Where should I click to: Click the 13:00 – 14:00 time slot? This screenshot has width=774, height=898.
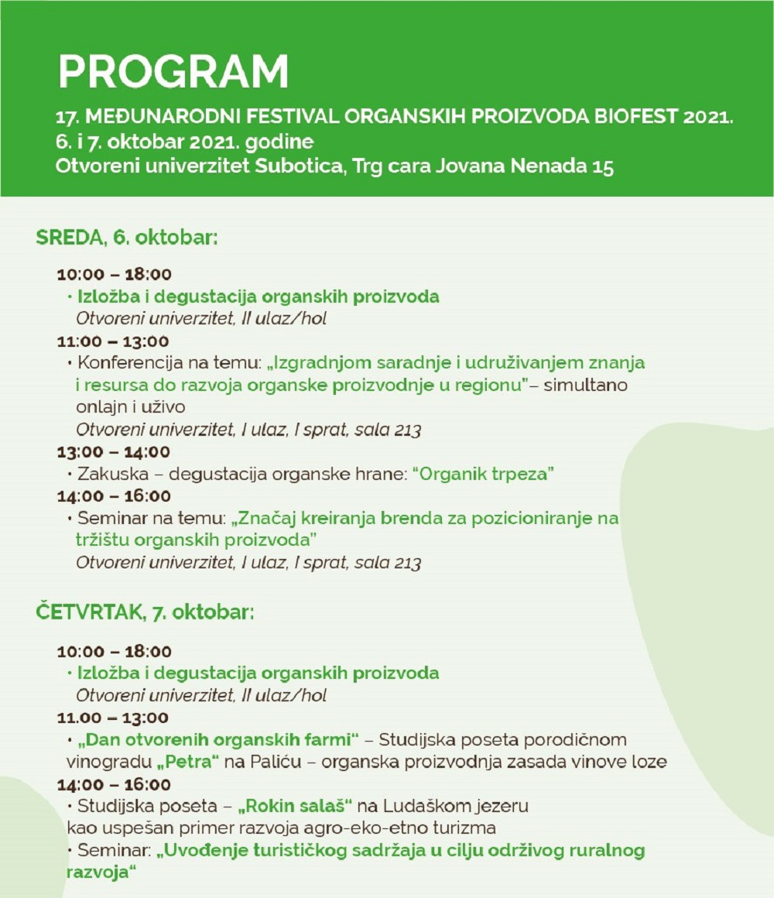point(114,451)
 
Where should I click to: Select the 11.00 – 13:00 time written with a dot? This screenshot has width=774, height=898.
point(112,718)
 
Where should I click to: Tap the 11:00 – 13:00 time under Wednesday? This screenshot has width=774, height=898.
point(113,341)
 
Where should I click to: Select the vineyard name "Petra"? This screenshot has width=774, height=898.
point(188,762)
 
